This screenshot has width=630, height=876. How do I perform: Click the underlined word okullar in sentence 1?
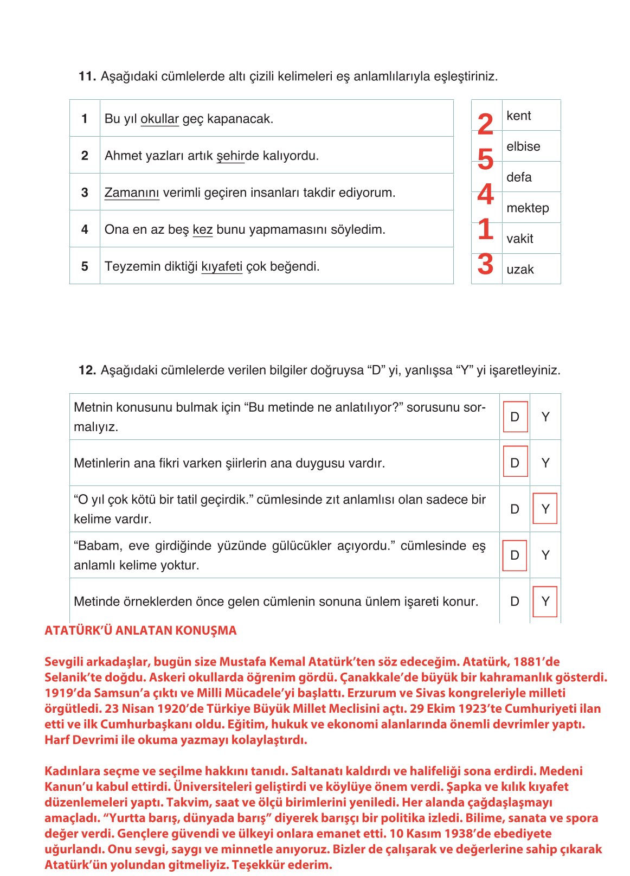[x=159, y=119]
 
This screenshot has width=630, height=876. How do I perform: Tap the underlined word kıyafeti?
[x=222, y=266]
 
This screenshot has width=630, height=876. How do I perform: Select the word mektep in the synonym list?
[x=528, y=208]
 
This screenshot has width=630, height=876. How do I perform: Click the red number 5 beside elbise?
[x=486, y=159]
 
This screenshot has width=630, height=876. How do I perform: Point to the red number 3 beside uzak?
[x=486, y=264]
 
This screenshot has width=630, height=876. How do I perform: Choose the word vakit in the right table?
[x=520, y=239]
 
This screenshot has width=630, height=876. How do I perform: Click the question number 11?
[x=87, y=76]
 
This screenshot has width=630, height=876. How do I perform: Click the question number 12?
[x=87, y=370]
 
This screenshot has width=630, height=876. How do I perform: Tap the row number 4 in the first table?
[x=85, y=229]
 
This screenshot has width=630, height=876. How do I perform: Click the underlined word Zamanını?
[x=132, y=193]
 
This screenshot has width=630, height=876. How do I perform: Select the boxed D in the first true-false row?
[x=515, y=417]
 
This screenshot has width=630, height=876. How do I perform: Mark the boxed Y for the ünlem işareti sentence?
[x=545, y=601]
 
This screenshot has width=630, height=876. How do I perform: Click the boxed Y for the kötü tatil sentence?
[x=545, y=509]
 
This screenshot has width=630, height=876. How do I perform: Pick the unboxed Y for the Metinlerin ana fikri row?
[x=545, y=463]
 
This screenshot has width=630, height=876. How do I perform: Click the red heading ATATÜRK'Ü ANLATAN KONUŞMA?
[x=140, y=630]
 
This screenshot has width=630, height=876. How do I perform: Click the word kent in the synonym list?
[x=519, y=116]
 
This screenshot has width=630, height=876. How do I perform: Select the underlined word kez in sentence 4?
[x=202, y=229]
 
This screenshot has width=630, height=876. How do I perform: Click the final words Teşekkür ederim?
[x=281, y=865]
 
